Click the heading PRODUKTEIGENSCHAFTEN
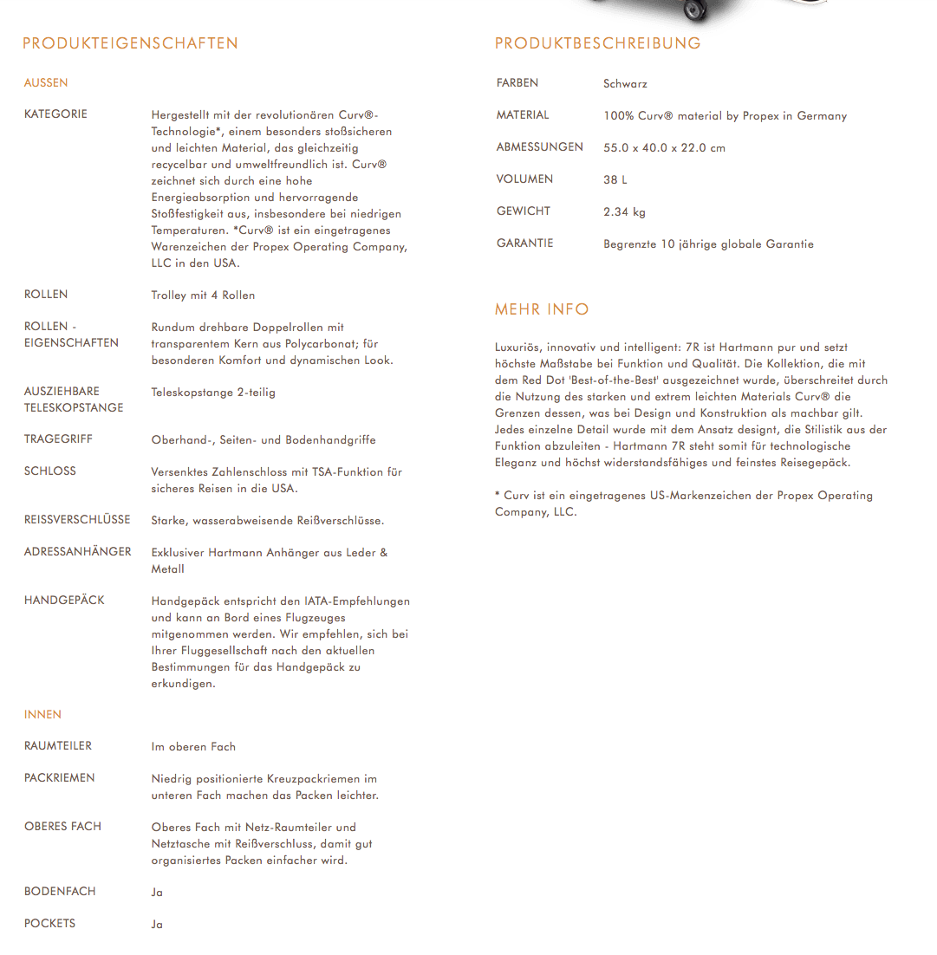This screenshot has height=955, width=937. (130, 43)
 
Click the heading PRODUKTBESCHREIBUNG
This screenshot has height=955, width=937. (597, 43)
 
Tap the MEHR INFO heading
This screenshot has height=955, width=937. (541, 309)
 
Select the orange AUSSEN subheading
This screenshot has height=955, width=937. (46, 83)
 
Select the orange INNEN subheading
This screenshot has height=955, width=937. (42, 715)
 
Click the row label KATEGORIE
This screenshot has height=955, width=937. (55, 114)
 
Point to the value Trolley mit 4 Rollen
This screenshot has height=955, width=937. (203, 296)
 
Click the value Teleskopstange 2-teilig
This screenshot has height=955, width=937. (213, 393)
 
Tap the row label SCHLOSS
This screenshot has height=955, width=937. (50, 471)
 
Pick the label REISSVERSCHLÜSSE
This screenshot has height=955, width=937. (77, 520)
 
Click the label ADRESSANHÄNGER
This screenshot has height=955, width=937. (78, 552)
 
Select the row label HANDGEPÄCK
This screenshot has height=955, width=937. (64, 601)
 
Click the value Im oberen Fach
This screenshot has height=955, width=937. (193, 747)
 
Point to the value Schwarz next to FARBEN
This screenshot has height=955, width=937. (625, 84)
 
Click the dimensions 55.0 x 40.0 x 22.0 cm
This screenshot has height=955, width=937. (664, 148)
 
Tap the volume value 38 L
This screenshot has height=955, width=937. (615, 180)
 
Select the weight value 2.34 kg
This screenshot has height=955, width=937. (624, 212)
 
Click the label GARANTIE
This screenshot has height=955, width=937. (524, 244)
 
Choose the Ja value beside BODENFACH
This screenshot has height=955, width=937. (157, 893)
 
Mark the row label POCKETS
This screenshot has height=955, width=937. (49, 924)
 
